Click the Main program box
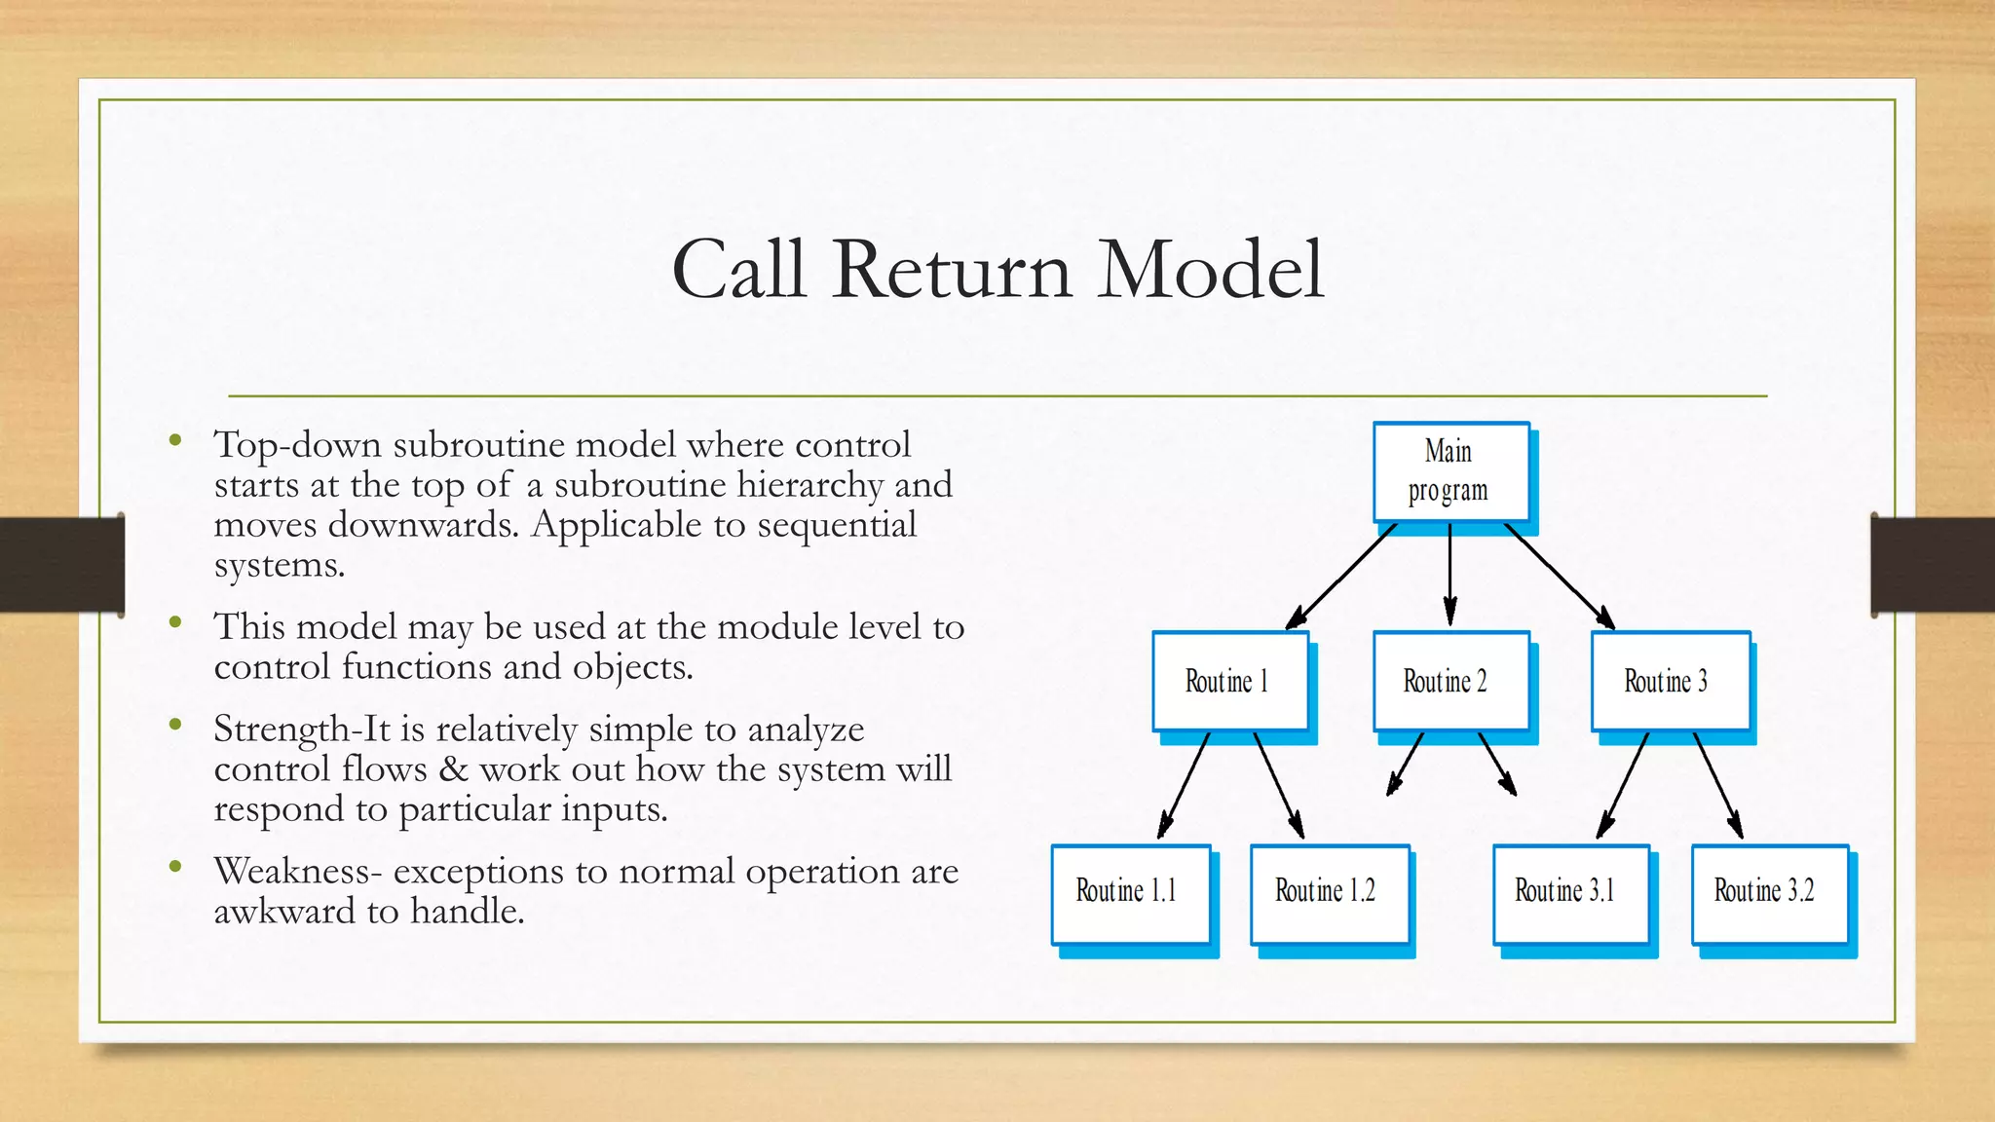pos(1450,471)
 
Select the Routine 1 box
pos(1229,681)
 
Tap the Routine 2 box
pos(1450,681)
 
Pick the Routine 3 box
pos(1670,681)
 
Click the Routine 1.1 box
pos(1130,892)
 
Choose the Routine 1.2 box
pos(1329,892)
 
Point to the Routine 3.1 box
pos(1569,892)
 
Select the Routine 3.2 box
pos(1768,892)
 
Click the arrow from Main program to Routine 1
pos(1342,576)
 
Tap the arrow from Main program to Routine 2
pos(1449,575)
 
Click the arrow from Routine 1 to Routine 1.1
pos(1184,785)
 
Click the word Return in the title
pos(952,270)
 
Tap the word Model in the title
pos(1211,270)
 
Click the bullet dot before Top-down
pos(175,441)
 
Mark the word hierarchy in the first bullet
pos(809,485)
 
